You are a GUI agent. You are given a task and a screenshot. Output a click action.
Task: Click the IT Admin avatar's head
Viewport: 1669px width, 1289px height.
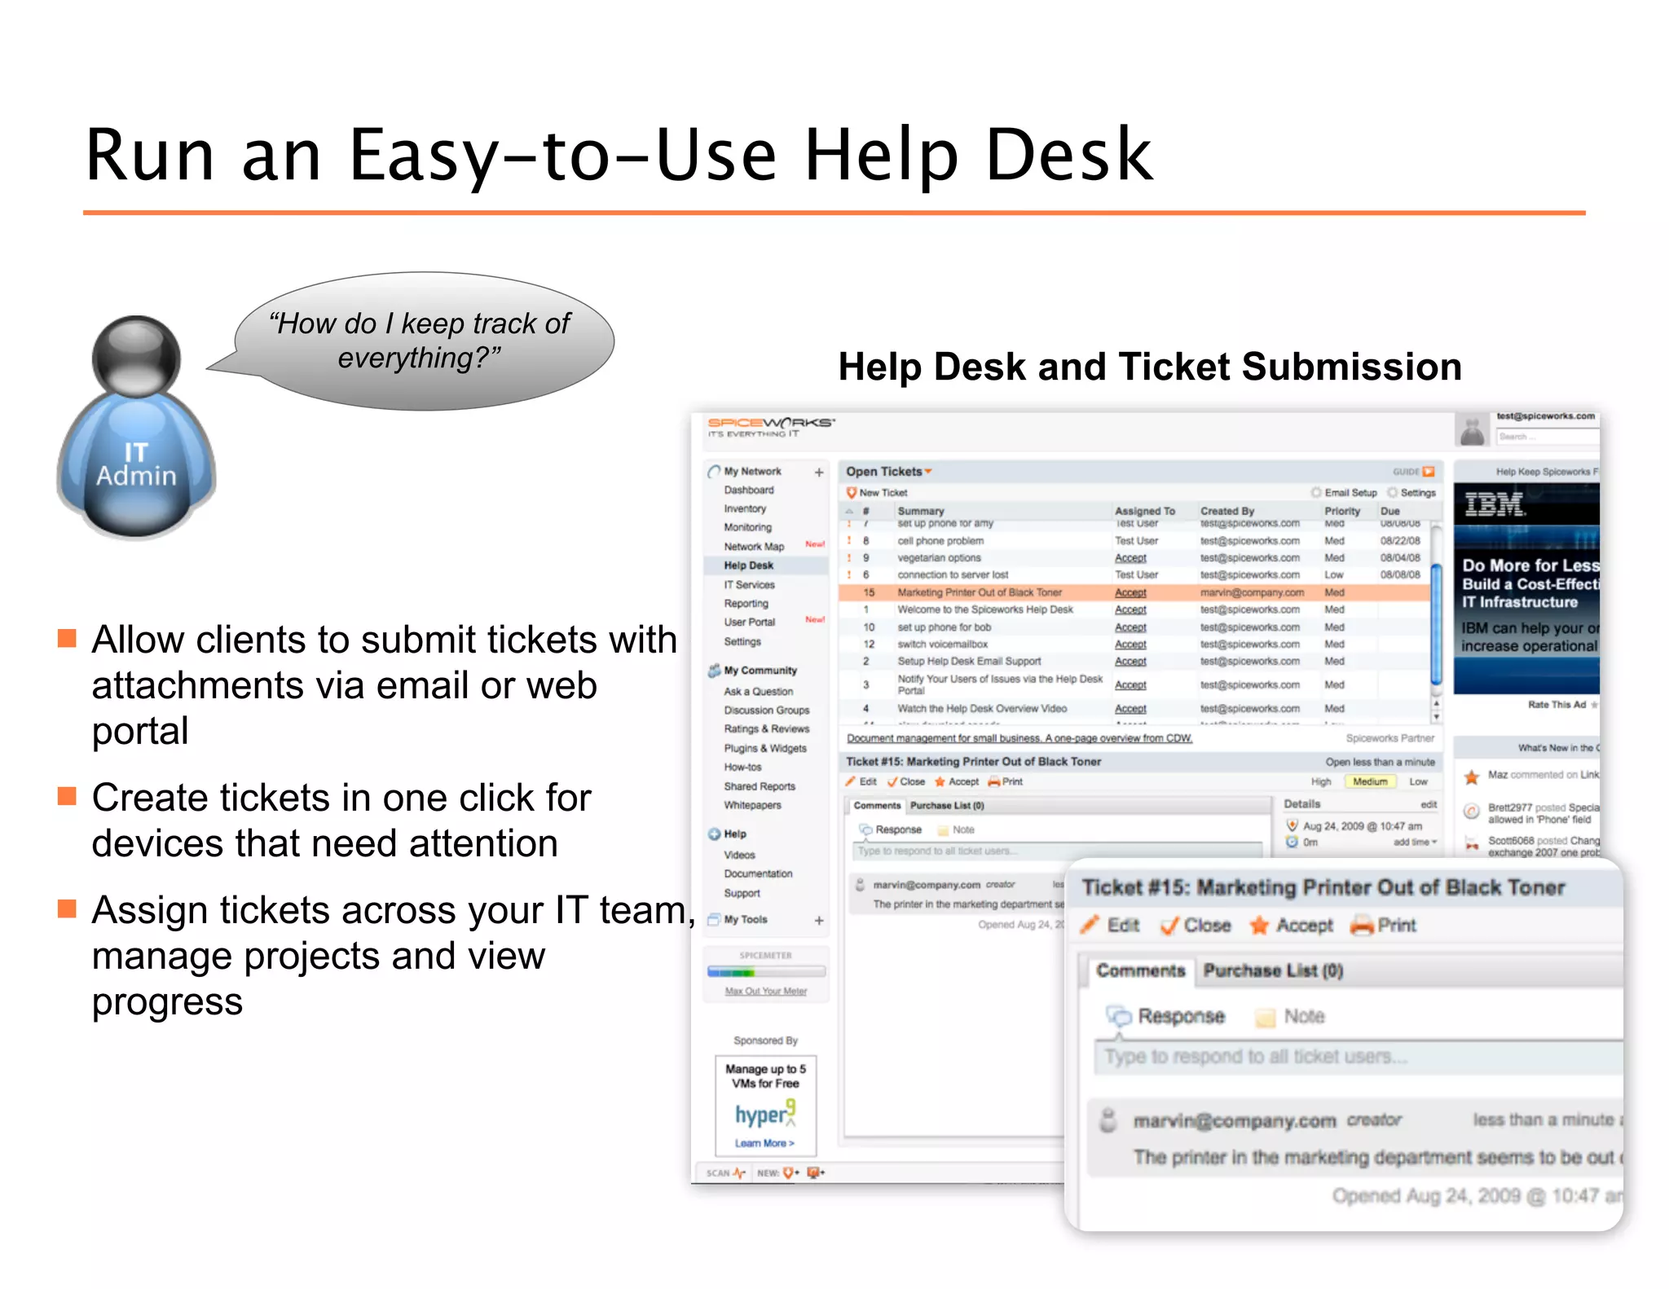(x=136, y=357)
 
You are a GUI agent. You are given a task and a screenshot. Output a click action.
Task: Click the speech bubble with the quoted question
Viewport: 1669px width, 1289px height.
(x=424, y=341)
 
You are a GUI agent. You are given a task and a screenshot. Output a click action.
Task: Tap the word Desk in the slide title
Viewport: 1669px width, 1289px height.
(x=1068, y=155)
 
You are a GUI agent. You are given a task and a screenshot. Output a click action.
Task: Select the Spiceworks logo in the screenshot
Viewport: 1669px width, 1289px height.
(x=770, y=425)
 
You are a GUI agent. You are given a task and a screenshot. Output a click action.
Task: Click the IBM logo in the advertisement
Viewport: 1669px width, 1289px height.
(x=1493, y=505)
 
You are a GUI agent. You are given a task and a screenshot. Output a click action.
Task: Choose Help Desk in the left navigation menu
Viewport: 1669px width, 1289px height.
(x=748, y=565)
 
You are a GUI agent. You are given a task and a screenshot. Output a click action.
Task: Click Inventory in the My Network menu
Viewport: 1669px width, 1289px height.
(x=745, y=508)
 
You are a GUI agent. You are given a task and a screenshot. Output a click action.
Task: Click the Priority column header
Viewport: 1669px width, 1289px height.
(x=1341, y=511)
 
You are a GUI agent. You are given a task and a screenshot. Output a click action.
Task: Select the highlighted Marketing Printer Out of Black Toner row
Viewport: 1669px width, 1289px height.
(x=979, y=592)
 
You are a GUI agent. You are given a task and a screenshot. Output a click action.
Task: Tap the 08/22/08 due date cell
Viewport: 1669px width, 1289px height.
(x=1399, y=541)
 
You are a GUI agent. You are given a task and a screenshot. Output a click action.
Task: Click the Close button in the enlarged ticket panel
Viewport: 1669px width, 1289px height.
(x=1196, y=926)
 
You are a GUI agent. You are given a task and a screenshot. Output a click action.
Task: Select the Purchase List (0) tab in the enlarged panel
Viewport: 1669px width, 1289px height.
(x=1272, y=970)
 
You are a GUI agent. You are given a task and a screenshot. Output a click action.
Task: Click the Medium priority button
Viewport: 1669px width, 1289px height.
(x=1369, y=781)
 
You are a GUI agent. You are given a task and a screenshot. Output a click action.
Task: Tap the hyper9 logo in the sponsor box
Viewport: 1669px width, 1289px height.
(x=764, y=1114)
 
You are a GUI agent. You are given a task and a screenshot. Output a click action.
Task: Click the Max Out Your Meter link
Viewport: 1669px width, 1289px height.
(x=765, y=991)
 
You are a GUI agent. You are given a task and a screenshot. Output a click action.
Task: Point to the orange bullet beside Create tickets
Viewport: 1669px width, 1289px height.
(x=67, y=796)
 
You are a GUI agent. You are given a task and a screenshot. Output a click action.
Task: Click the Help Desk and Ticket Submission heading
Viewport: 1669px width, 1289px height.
(x=1149, y=367)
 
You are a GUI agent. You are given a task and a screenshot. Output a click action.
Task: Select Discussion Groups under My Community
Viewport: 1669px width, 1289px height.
(x=766, y=710)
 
